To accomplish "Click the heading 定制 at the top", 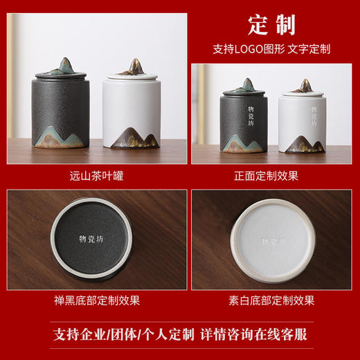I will pos(271,26).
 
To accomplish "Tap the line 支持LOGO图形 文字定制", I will pos(271,50).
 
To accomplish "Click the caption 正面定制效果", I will pos(271,175).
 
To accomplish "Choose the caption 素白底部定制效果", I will pos(271,300).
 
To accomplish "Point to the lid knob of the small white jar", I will pos(303,86).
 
